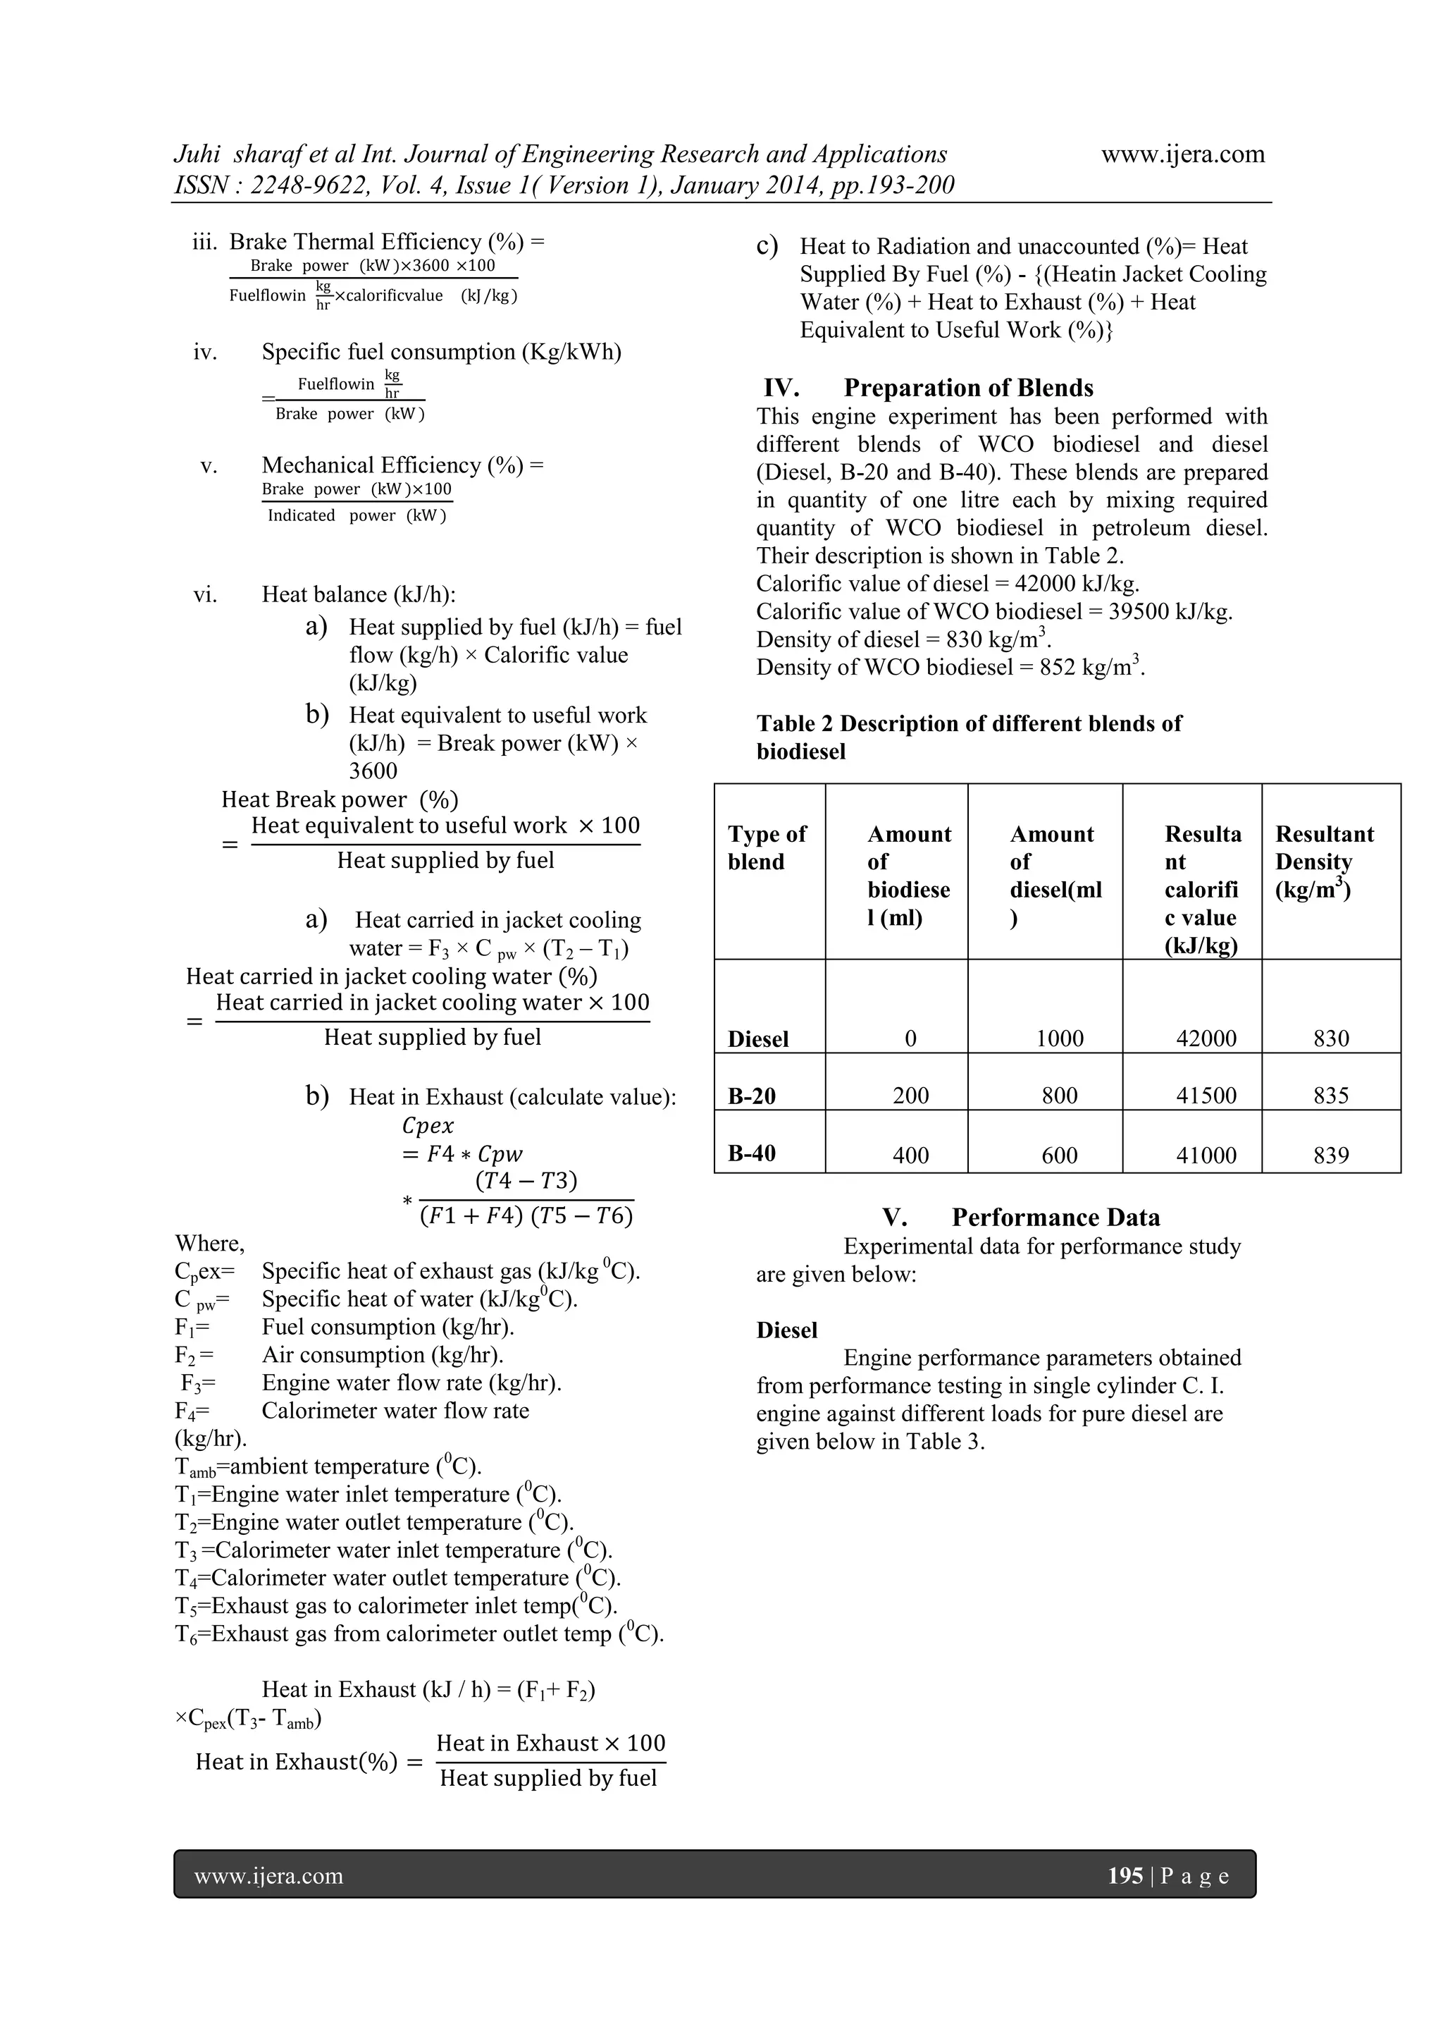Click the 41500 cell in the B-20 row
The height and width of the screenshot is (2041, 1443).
coord(1205,1095)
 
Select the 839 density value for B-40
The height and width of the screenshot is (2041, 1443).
coord(1330,1155)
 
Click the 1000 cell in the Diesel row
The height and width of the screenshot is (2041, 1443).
coord(1059,1038)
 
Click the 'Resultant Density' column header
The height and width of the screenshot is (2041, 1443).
coord(1323,862)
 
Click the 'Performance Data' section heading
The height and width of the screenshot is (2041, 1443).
coord(1055,1217)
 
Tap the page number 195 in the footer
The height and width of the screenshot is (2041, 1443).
coord(1125,1875)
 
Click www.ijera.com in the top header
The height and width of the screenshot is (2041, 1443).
coord(1183,154)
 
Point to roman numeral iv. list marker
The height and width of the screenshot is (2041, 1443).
coord(205,353)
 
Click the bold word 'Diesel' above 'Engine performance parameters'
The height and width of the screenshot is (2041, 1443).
coord(786,1330)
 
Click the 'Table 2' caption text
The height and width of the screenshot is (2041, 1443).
coord(969,723)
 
